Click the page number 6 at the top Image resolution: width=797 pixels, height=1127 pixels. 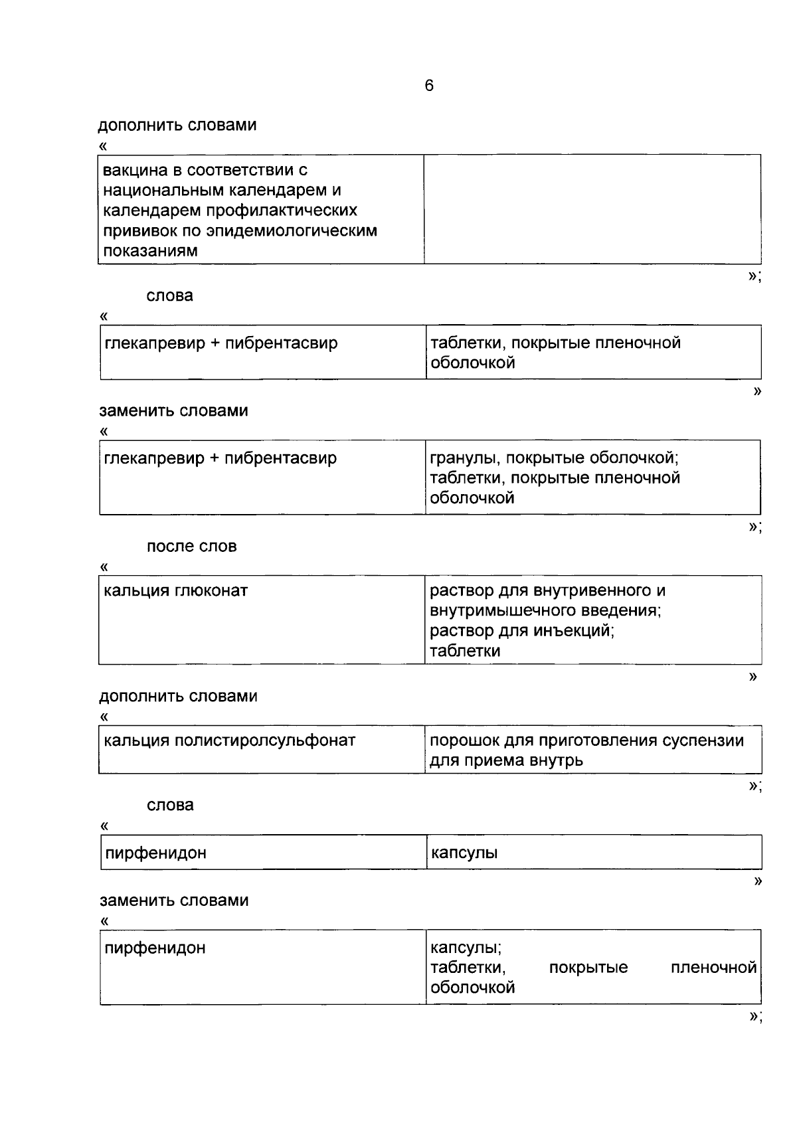pyautogui.click(x=429, y=86)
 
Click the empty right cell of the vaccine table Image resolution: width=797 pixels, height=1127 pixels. pyautogui.click(x=592, y=209)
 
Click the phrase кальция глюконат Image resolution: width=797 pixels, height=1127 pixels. pyautogui.click(x=176, y=590)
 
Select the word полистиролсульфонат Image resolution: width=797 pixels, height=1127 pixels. pyautogui.click(x=265, y=740)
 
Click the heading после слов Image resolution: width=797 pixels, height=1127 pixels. pyautogui.click(x=191, y=547)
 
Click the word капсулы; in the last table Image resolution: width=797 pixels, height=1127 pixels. pyautogui.click(x=466, y=948)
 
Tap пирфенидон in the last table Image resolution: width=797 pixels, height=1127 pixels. pyautogui.click(x=155, y=948)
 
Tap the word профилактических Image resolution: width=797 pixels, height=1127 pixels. pyautogui.click(x=282, y=211)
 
